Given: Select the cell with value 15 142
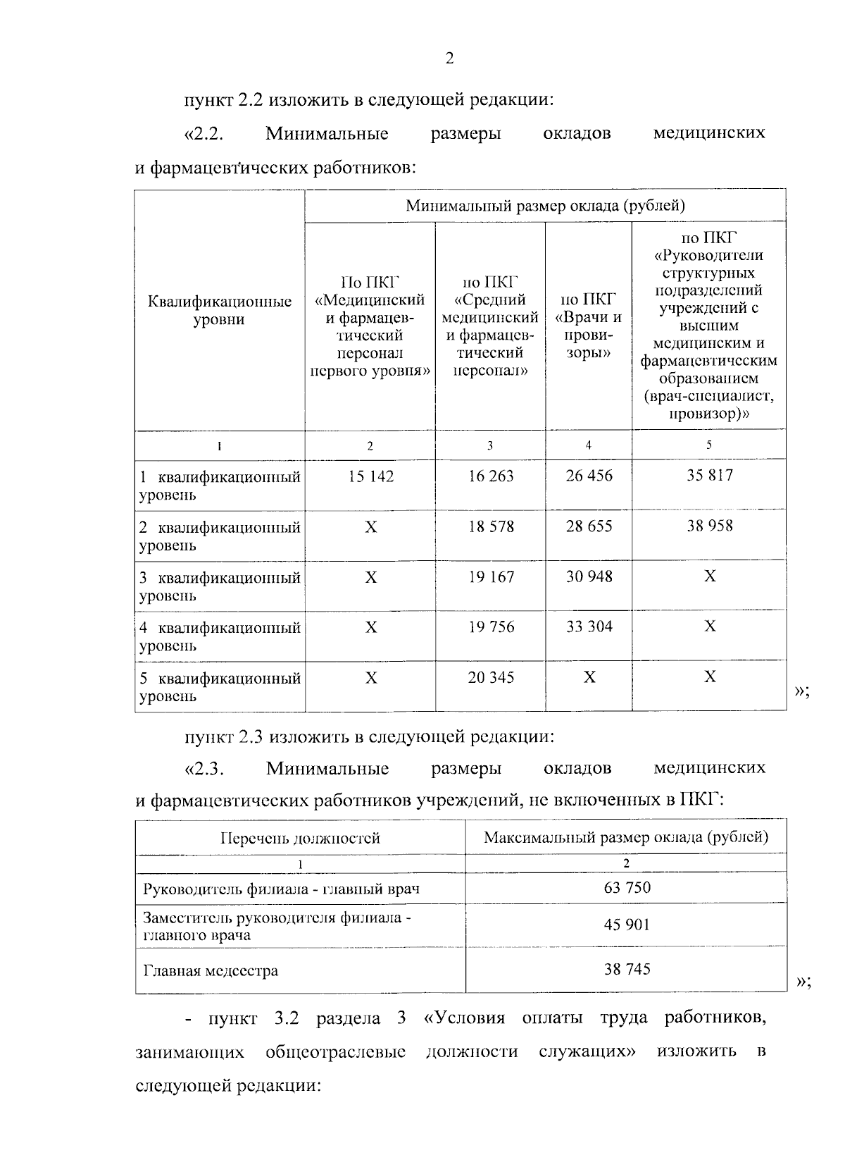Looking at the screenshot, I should tap(370, 476).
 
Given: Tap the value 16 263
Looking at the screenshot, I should tap(491, 476).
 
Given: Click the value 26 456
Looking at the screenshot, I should tap(589, 476).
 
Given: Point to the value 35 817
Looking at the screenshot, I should tap(709, 476).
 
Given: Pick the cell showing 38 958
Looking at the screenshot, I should tap(709, 526).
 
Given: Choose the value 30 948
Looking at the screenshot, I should tap(589, 576).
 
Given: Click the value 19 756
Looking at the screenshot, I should tap(491, 626).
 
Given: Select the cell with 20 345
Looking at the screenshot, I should tap(491, 677).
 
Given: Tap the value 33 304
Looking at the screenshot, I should tap(589, 626).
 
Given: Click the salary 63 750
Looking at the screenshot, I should tap(627, 887).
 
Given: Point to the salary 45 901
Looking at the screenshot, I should tap(627, 925).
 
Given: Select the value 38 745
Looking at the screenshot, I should tap(627, 969).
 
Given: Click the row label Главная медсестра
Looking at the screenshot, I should tap(211, 971).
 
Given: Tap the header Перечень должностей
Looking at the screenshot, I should tap(301, 838).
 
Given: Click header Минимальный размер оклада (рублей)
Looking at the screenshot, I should tap(545, 206).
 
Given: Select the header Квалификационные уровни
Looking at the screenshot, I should tap(220, 311).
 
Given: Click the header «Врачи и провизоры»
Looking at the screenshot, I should tap(589, 326).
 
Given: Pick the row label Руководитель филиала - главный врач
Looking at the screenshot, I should tap(281, 889).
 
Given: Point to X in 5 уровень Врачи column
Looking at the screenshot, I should tap(589, 677).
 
